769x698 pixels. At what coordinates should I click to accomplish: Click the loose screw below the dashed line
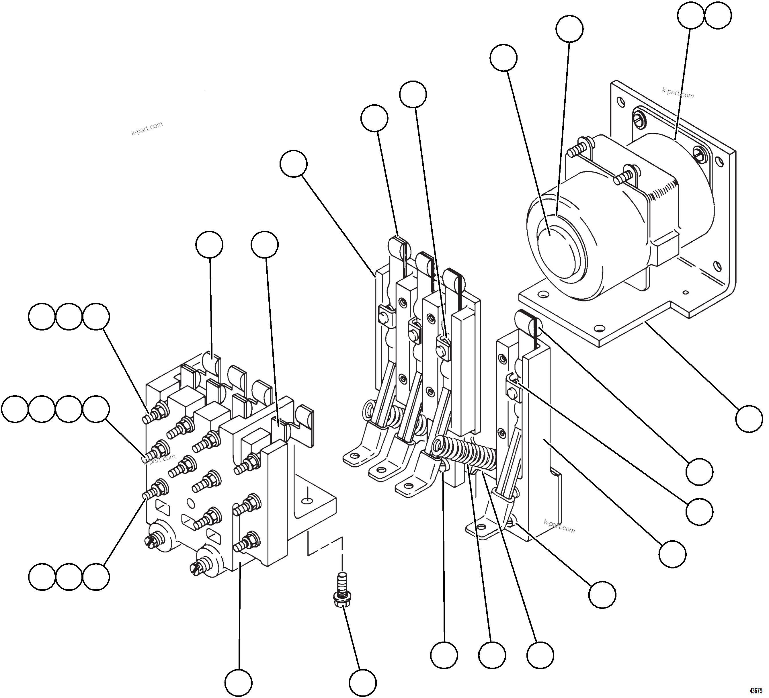(342, 591)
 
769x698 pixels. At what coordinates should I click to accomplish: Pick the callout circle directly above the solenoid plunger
(569, 29)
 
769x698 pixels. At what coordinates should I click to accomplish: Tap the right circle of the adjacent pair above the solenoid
(718, 16)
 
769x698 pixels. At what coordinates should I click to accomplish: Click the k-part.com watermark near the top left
(147, 128)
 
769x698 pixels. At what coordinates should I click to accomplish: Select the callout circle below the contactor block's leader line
(238, 682)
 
